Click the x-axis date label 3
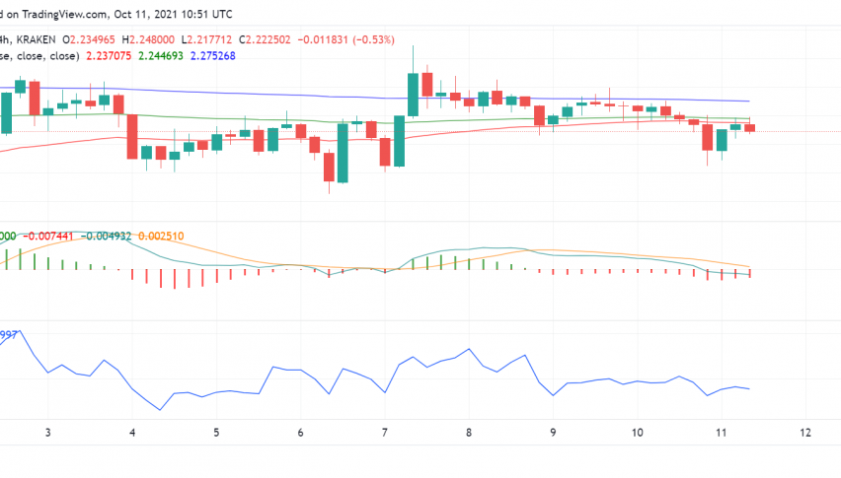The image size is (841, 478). click(47, 432)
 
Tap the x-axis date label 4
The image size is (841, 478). click(131, 432)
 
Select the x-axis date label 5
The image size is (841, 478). click(216, 432)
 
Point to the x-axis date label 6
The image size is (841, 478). click(300, 432)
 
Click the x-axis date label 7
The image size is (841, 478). click(385, 432)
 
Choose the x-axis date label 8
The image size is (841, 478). click(469, 432)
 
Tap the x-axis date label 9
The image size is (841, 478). click(553, 432)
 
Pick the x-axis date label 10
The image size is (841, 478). click(637, 432)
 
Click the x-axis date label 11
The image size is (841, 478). click(721, 432)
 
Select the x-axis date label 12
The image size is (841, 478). click(805, 432)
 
